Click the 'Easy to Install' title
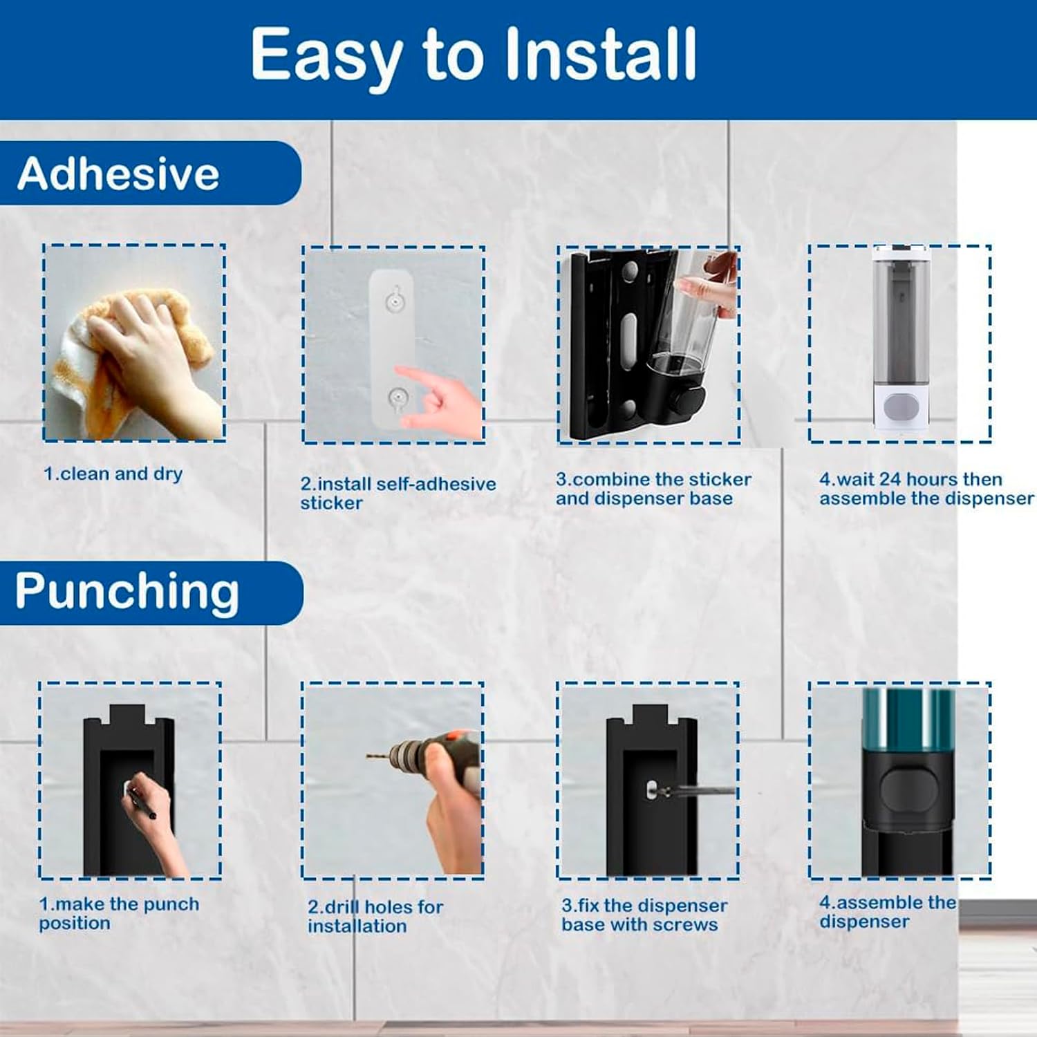click(x=474, y=55)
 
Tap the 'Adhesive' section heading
click(x=118, y=173)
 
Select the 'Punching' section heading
click(x=127, y=592)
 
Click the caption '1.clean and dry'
click(x=113, y=474)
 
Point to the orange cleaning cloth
click(x=131, y=359)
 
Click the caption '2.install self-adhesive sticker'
click(x=398, y=493)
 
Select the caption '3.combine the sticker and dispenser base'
click(x=653, y=489)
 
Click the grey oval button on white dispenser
click(x=901, y=407)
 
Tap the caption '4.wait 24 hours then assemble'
click(x=926, y=489)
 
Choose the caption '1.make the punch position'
click(x=119, y=913)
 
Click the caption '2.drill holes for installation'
click(x=375, y=916)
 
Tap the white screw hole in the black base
click(x=651, y=787)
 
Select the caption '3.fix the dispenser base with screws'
click(x=644, y=915)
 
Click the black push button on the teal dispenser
click(x=908, y=790)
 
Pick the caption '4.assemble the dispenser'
click(x=888, y=912)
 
